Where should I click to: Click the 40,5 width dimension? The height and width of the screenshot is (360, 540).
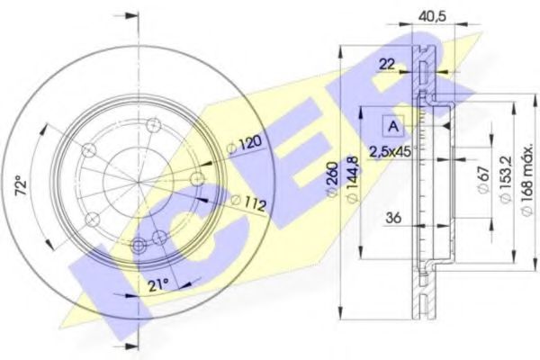[x=409, y=15]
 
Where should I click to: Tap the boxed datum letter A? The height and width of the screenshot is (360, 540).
[x=394, y=125]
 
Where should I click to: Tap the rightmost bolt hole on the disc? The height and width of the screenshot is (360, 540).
[x=197, y=179]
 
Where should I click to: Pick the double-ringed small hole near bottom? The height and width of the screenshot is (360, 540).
[x=139, y=245]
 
